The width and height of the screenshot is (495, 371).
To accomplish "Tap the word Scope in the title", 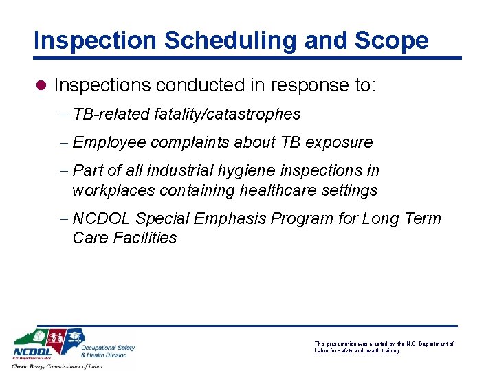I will click(x=392, y=40).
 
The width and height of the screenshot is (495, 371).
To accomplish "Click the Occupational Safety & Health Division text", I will click(x=107, y=351).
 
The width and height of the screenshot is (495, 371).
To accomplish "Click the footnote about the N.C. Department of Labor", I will click(x=384, y=347).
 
